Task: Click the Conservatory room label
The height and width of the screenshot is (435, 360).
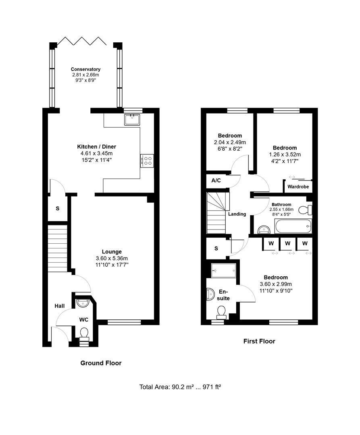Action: point(85,69)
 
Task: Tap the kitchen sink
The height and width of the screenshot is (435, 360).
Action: point(133,120)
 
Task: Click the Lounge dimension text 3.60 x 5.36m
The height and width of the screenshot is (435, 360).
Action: point(112,258)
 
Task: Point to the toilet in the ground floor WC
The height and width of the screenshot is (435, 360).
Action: point(83,333)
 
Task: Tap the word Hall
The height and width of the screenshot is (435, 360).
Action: point(59,306)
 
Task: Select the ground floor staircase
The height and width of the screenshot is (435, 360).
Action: point(58,249)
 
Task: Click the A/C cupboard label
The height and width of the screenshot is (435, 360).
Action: point(216,180)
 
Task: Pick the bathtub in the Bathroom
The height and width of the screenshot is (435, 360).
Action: point(293,226)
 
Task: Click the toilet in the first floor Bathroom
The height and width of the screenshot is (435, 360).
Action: point(305,210)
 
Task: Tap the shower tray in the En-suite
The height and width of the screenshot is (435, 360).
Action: point(224,270)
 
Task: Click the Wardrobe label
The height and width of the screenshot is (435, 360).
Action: point(298,187)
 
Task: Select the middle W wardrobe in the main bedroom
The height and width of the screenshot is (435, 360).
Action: point(288,244)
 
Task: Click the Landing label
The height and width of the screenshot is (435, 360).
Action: point(237,214)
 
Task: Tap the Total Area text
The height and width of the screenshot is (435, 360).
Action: point(180,387)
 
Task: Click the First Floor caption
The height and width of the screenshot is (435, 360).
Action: point(259,341)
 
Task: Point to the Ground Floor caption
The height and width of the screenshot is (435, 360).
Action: point(101,363)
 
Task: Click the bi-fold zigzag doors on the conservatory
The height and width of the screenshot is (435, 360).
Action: point(82,41)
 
